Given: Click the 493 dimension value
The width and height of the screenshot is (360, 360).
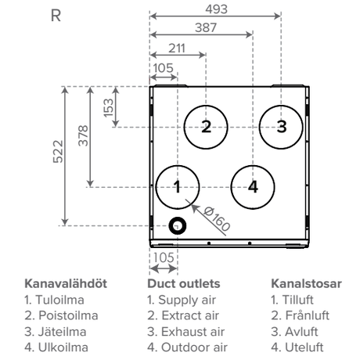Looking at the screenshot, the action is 216,9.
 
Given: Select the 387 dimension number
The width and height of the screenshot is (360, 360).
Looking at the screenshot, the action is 206,27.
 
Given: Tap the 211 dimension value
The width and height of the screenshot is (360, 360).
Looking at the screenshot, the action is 177,49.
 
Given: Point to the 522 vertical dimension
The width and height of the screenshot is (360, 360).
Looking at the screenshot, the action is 58,152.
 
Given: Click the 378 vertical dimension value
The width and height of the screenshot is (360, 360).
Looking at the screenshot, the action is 84,135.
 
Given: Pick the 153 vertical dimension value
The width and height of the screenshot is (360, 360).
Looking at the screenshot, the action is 109,108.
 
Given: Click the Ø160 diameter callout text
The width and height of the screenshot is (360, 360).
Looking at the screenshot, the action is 217,219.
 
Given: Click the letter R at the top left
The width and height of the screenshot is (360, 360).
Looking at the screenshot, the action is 56,16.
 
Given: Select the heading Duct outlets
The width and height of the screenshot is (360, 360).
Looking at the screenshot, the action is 184,283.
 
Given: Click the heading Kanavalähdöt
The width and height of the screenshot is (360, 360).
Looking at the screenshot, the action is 66,283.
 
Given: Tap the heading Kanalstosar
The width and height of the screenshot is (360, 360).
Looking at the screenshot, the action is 306,283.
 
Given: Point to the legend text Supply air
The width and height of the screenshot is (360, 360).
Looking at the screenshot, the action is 187,301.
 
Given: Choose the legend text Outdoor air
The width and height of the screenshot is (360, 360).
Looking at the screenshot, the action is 194,347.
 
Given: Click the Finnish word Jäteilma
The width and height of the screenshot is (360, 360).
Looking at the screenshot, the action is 63,332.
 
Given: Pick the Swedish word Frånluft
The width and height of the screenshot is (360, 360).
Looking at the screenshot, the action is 308,315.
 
